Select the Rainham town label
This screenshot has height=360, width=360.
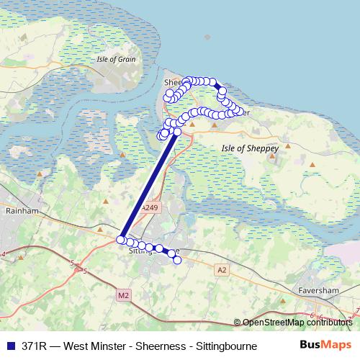(x=16, y=212)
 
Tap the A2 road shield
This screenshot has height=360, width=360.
(x=222, y=269)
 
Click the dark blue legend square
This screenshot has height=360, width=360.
(x=9, y=346)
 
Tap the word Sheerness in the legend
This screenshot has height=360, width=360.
(x=158, y=346)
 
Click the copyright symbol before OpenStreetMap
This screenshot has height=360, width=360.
(x=237, y=323)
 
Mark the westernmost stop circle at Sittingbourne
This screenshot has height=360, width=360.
(x=120, y=239)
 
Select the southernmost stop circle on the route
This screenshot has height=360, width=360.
(x=177, y=260)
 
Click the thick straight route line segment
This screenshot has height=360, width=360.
(x=149, y=186)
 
